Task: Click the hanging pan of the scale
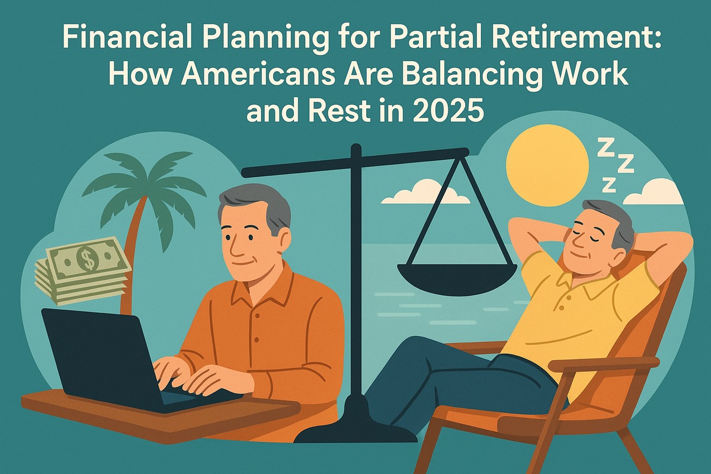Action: tap(453, 276)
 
